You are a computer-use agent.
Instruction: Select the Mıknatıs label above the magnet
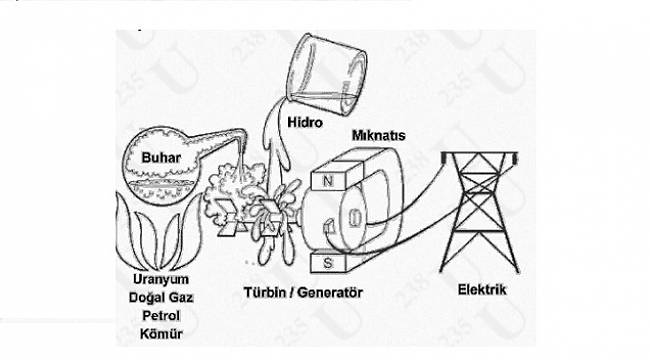tap(378, 132)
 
